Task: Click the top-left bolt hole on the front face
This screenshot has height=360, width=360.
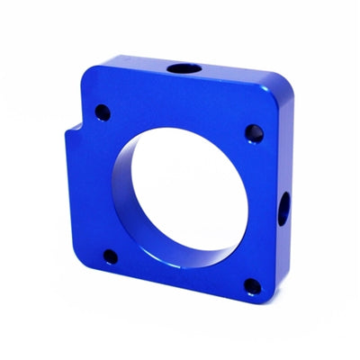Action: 103,112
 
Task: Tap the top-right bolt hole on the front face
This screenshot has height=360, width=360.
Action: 252,133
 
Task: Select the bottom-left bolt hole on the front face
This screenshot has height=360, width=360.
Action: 109,256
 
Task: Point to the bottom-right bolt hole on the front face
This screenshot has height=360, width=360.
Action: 252,286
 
